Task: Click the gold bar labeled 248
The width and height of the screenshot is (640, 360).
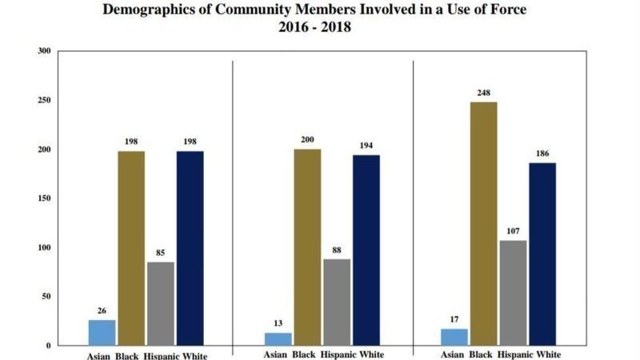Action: click(x=482, y=224)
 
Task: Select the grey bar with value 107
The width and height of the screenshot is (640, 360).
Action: click(x=512, y=293)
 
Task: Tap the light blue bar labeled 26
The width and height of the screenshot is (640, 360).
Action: click(x=102, y=332)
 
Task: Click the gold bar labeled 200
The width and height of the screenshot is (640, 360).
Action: click(x=306, y=247)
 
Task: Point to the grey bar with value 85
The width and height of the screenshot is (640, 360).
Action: click(x=161, y=303)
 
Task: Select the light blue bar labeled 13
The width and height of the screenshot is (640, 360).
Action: click(x=278, y=338)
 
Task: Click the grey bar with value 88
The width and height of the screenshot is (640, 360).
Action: click(x=337, y=302)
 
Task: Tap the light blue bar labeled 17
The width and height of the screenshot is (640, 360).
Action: click(x=454, y=337)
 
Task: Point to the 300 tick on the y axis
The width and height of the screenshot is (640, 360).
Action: click(x=44, y=51)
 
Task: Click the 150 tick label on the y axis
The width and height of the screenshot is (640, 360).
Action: click(x=44, y=198)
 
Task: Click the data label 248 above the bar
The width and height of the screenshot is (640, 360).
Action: click(x=482, y=94)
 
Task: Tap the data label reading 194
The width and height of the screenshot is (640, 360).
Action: click(x=366, y=146)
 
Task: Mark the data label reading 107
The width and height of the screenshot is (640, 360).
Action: click(x=512, y=232)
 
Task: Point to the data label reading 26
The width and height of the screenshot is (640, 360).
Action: click(x=102, y=311)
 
